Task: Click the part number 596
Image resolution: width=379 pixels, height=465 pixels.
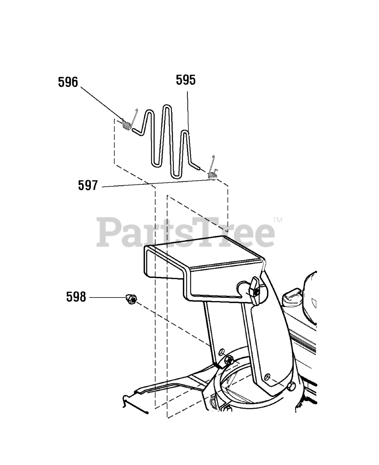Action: (x=68, y=82)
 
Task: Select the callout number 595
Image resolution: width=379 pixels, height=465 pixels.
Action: (x=186, y=80)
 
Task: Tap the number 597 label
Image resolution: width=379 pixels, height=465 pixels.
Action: (x=88, y=186)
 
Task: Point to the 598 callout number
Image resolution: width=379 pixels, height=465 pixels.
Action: (x=76, y=297)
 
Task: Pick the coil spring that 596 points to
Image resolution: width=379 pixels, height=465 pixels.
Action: (x=127, y=125)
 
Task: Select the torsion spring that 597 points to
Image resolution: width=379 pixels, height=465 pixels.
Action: (x=213, y=176)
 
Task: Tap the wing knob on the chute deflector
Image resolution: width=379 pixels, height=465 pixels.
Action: (x=255, y=290)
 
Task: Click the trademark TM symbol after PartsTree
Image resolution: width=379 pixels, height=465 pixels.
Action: (x=277, y=220)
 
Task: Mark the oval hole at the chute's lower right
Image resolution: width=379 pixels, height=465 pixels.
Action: (x=267, y=375)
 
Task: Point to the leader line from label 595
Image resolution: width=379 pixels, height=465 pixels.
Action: (x=188, y=109)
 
